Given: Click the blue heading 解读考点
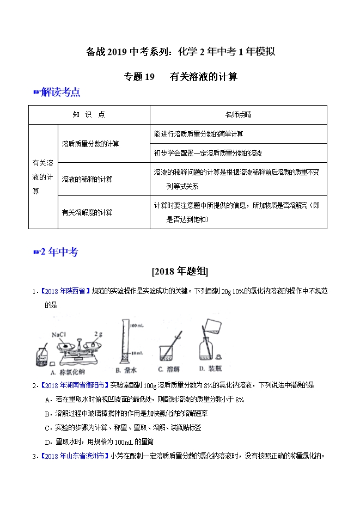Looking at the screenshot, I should (60, 93).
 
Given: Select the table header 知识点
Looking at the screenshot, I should (89, 115).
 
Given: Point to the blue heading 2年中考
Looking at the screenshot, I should (59, 252).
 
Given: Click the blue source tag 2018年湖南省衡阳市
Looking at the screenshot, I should (74, 385).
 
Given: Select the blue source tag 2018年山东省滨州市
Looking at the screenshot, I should (74, 456).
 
